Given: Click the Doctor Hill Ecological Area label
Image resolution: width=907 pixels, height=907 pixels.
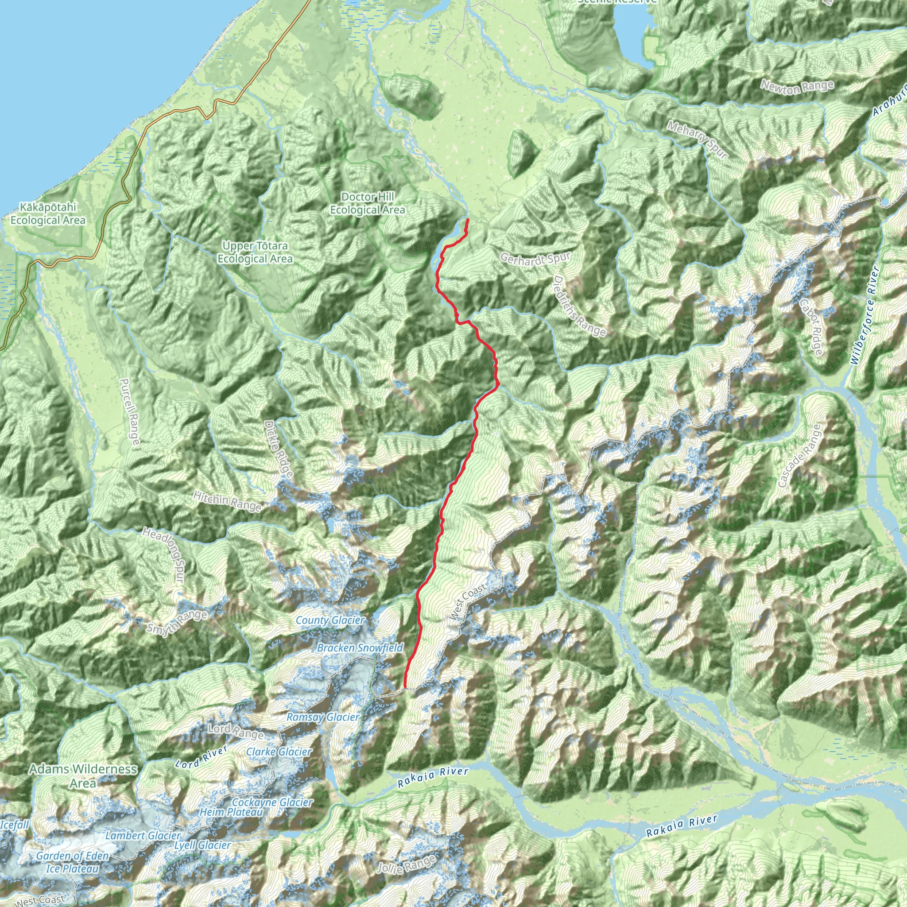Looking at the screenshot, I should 368,203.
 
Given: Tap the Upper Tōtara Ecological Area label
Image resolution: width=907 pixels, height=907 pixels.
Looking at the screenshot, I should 255,252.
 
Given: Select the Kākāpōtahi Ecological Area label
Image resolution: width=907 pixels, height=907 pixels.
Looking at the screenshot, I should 48,213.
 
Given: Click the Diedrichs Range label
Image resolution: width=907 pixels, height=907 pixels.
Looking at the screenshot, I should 580,306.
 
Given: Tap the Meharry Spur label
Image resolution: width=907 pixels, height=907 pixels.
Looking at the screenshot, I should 697,140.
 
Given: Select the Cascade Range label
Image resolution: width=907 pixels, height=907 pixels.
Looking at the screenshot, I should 799,455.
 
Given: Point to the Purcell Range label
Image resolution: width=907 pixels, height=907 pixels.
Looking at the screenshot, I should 130,412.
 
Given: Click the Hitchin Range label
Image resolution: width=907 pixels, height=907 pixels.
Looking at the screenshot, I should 227,501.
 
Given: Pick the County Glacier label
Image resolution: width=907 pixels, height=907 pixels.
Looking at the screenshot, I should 330,620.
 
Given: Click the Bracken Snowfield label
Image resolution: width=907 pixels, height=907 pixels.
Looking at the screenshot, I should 360,648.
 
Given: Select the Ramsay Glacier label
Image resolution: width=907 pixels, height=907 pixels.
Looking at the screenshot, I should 323,717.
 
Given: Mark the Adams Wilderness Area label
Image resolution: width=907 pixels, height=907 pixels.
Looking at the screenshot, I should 83,775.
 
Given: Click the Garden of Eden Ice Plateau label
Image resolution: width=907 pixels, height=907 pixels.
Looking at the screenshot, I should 72,862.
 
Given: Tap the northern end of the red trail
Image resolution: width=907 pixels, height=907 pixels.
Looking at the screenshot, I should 468,220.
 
